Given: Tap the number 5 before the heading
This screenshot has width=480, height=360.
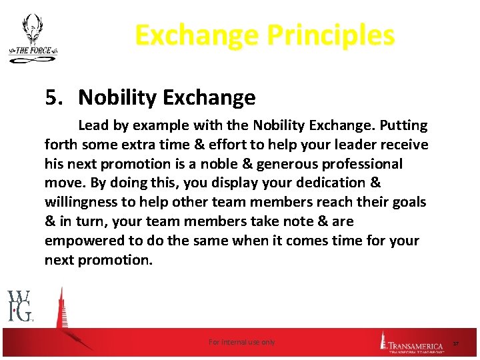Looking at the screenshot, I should [52, 98].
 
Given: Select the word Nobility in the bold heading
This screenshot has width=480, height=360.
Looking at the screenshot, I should [113, 98].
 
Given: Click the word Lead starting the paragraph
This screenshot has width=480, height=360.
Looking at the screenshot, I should [93, 125].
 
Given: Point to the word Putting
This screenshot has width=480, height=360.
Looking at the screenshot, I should [401, 125].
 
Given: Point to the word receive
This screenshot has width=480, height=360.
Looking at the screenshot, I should [405, 145].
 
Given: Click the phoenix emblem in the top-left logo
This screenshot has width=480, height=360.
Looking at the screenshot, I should [31, 30].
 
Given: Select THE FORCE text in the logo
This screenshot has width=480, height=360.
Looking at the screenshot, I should [31, 51].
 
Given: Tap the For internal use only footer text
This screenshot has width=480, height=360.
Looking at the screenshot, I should [241, 342].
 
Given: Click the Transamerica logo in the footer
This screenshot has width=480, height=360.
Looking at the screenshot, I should [411, 343].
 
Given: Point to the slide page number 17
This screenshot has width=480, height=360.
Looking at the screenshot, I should [456, 343].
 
